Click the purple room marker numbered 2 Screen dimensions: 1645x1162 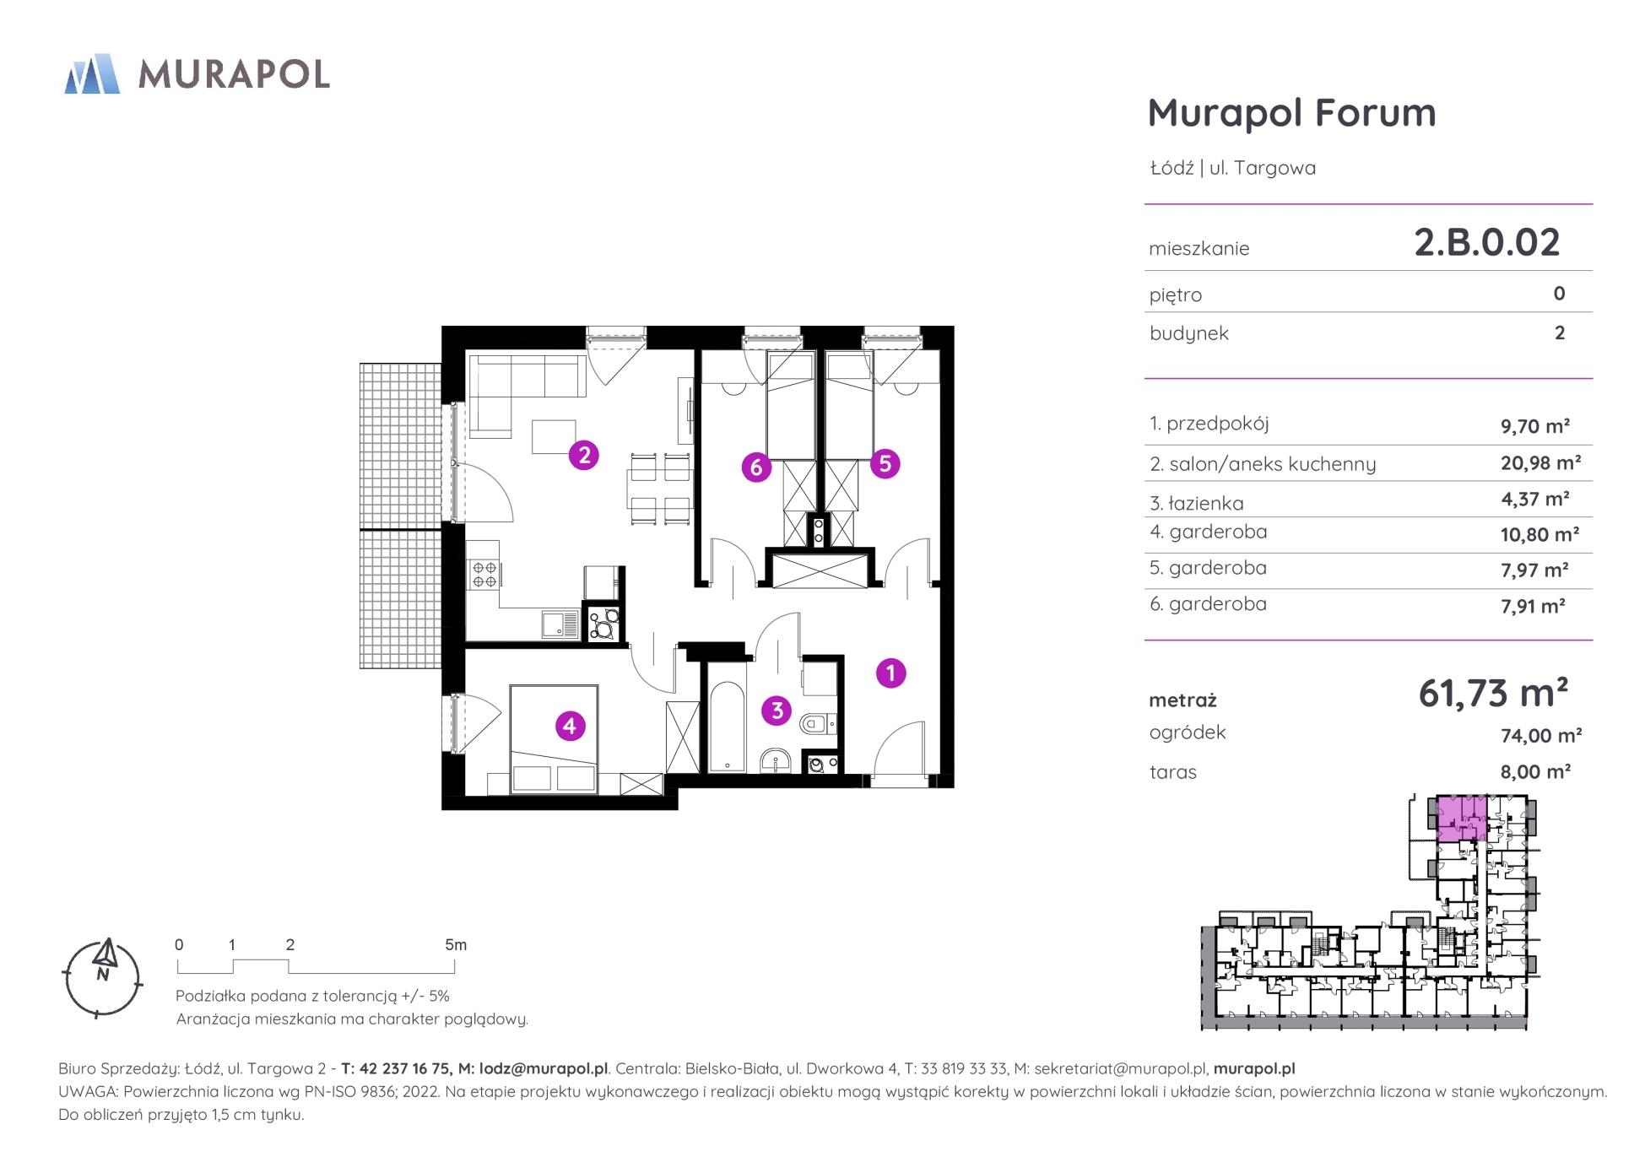[x=583, y=456]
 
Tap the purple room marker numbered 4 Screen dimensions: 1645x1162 [x=570, y=726]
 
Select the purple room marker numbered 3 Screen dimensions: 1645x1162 [x=777, y=711]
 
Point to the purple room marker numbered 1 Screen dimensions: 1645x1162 [x=890, y=673]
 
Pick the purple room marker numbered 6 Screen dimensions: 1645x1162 [x=756, y=468]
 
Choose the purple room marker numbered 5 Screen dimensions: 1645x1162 [x=885, y=463]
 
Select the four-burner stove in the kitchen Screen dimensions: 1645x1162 [x=484, y=575]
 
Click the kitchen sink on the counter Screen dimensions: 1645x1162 [x=560, y=624]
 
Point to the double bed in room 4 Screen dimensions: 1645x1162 [x=554, y=739]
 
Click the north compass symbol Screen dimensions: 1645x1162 [x=104, y=977]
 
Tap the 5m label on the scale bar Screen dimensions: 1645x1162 [x=456, y=945]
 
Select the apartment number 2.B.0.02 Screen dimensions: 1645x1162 [x=1487, y=242]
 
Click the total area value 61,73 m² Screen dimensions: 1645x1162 [x=1493, y=693]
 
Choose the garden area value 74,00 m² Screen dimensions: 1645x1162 [x=1540, y=735]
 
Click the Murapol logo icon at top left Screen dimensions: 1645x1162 [x=92, y=73]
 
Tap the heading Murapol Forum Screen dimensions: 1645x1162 [x=1291, y=112]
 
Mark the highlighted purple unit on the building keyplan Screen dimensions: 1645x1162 [x=1462, y=819]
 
